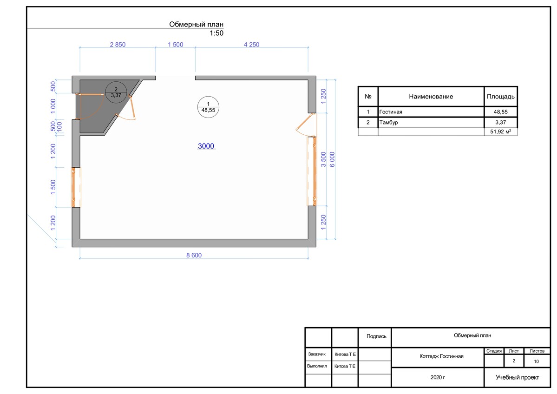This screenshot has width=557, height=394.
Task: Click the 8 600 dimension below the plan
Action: pyautogui.click(x=194, y=255)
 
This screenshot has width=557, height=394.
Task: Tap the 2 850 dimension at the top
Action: pyautogui.click(x=118, y=45)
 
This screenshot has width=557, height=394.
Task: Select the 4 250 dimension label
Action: pyautogui.click(x=251, y=45)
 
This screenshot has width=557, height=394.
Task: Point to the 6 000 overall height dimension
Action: pyautogui.click(x=332, y=159)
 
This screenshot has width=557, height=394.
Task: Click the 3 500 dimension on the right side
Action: pyautogui.click(x=323, y=159)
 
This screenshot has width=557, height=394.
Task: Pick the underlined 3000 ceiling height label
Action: pyautogui.click(x=206, y=146)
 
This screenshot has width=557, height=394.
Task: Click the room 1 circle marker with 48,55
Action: pyautogui.click(x=208, y=107)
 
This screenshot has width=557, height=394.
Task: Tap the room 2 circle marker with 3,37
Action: pyautogui.click(x=116, y=92)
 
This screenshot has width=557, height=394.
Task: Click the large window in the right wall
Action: pyautogui.click(x=313, y=171)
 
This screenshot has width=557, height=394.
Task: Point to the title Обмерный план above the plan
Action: pyautogui.click(x=196, y=25)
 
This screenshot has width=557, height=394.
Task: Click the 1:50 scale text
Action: pyautogui.click(x=216, y=33)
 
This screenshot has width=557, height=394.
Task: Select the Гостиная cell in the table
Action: pyautogui.click(x=391, y=112)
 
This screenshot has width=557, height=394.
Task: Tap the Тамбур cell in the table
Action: pyautogui.click(x=389, y=123)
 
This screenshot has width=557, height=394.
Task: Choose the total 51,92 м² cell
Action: pyautogui.click(x=500, y=131)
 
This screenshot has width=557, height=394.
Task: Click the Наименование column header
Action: pyautogui.click(x=431, y=96)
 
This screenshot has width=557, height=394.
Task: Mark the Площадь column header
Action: pyautogui.click(x=500, y=96)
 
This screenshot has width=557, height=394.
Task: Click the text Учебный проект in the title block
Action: pyautogui.click(x=517, y=377)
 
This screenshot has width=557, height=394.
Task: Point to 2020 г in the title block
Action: pyautogui.click(x=438, y=377)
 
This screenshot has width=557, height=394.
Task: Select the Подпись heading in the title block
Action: pyautogui.click(x=376, y=336)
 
